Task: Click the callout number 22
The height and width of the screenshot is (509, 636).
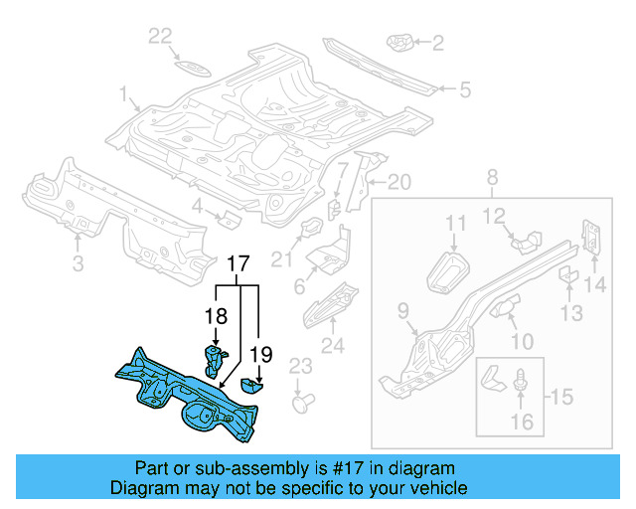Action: (160, 37)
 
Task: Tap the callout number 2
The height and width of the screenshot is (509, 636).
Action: (437, 43)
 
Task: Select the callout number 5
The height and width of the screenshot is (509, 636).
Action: (463, 90)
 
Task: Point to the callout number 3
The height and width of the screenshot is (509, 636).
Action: (78, 263)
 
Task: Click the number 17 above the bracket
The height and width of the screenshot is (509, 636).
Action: (238, 265)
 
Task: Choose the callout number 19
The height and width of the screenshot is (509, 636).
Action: (260, 352)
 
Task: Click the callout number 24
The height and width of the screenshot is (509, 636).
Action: (332, 346)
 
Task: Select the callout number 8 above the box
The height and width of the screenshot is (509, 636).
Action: (491, 178)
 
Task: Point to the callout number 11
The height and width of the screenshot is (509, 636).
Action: (454, 223)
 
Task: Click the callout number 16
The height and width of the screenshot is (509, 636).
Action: (521, 422)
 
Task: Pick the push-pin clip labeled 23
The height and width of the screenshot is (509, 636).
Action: (303, 404)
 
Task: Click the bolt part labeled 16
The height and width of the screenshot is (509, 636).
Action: (521, 382)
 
